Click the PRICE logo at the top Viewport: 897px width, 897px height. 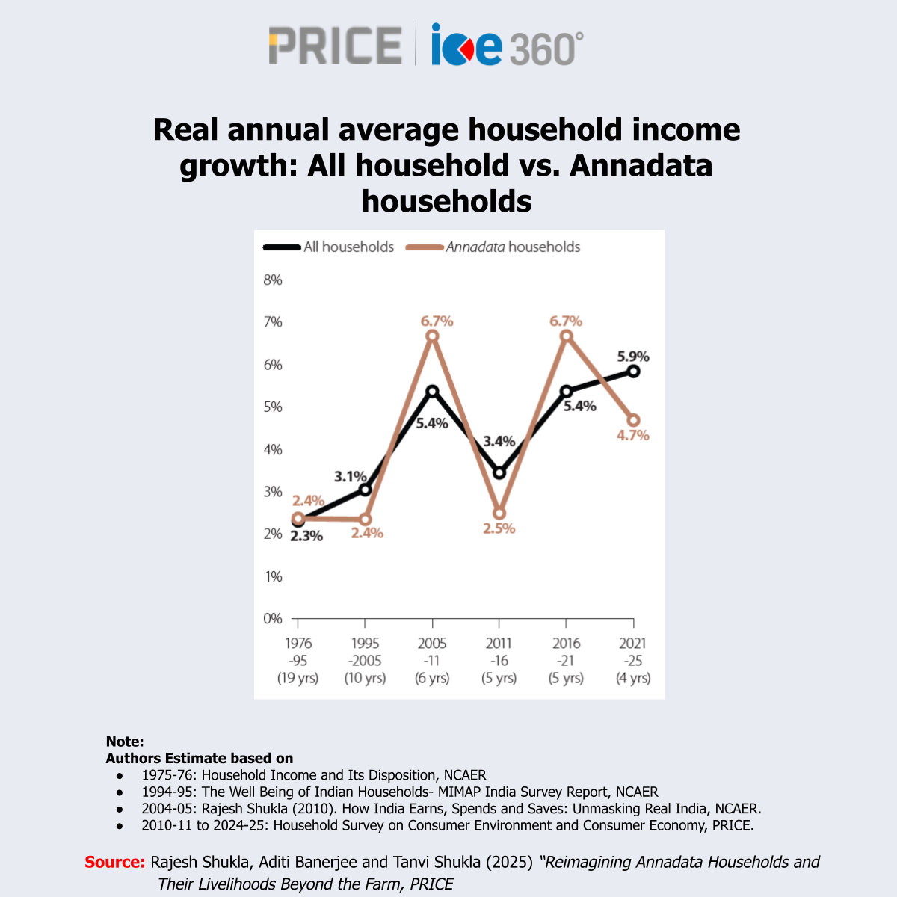pos(335,45)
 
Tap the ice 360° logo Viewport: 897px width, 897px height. pos(507,45)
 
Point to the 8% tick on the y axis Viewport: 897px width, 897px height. pos(273,280)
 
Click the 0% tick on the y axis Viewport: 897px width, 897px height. pos(273,619)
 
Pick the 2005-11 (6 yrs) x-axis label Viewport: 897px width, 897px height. pos(432,661)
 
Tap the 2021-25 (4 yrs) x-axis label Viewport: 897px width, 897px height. pos(633,661)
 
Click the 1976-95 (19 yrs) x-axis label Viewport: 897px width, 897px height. pos(298,661)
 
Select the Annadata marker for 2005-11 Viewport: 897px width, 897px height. pos(432,336)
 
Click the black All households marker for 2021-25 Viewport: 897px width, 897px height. pos(633,372)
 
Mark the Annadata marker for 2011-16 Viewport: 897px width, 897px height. pos(499,514)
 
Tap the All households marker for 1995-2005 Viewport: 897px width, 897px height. pos(365,490)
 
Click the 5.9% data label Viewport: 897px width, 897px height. pos(633,357)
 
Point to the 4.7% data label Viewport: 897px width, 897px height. pos(633,436)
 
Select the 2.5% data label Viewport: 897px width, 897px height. pos(499,528)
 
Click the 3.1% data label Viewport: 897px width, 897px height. pos(350,476)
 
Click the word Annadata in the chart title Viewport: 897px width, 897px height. pos(641,165)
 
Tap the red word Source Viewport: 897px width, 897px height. pos(114,862)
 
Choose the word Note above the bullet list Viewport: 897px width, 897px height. pos(124,742)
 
